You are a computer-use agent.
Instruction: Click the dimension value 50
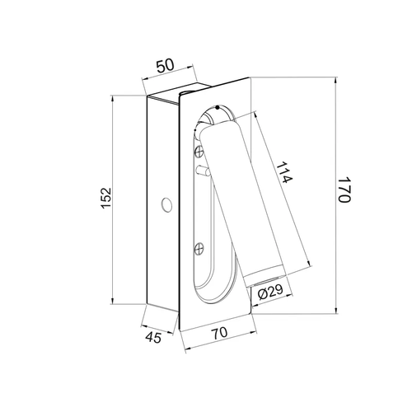[166, 66]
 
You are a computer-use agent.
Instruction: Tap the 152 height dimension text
[106, 198]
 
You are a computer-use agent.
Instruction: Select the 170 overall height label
[344, 190]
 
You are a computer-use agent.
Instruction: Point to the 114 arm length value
[284, 173]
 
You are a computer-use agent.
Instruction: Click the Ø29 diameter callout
[270, 293]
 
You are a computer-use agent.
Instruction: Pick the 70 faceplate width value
[220, 332]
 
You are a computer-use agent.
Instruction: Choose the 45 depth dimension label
[153, 337]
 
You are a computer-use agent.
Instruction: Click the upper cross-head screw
[199, 152]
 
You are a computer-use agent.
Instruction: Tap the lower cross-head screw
[199, 249]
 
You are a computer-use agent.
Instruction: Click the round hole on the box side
[166, 205]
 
